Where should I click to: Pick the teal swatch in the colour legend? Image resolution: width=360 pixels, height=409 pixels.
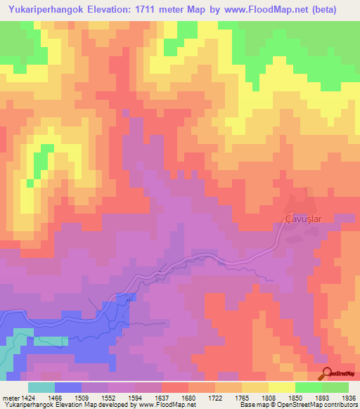[x=41, y=387]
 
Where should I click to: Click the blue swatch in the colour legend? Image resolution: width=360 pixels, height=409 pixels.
[x=68, y=387]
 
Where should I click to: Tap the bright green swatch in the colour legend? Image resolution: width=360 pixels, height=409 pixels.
[x=308, y=387]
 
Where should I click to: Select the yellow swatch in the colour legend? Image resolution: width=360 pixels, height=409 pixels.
[x=281, y=387]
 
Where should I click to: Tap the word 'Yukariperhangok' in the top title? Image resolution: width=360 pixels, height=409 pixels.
[x=44, y=10]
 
